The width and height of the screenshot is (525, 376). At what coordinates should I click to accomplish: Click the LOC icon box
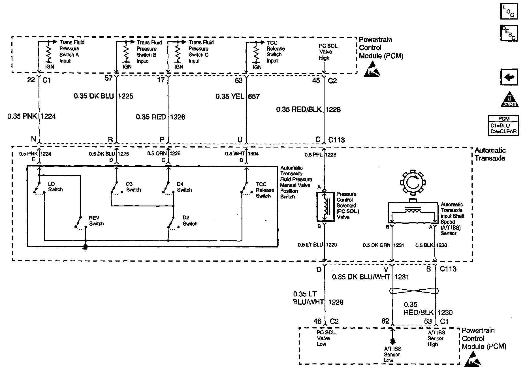click(x=509, y=11)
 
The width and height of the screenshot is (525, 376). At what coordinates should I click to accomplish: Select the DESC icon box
click(x=509, y=33)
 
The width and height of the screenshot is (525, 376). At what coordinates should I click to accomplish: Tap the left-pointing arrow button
click(x=509, y=77)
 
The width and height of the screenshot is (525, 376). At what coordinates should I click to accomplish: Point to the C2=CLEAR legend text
click(x=503, y=131)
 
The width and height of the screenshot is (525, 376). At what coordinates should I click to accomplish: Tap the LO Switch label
click(x=55, y=187)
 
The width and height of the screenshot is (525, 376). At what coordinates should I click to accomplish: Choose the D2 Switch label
click(x=190, y=221)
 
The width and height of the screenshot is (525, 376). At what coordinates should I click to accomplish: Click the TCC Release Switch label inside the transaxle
click(x=265, y=190)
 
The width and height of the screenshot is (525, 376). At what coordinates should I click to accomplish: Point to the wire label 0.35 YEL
click(x=230, y=97)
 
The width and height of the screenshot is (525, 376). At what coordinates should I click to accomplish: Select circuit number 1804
click(x=253, y=153)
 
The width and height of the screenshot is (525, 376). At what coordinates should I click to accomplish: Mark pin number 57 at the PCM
click(x=109, y=78)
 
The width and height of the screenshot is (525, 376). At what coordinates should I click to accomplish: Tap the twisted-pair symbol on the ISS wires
click(x=414, y=291)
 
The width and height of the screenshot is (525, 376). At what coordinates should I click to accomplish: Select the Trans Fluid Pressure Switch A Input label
click(x=71, y=52)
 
